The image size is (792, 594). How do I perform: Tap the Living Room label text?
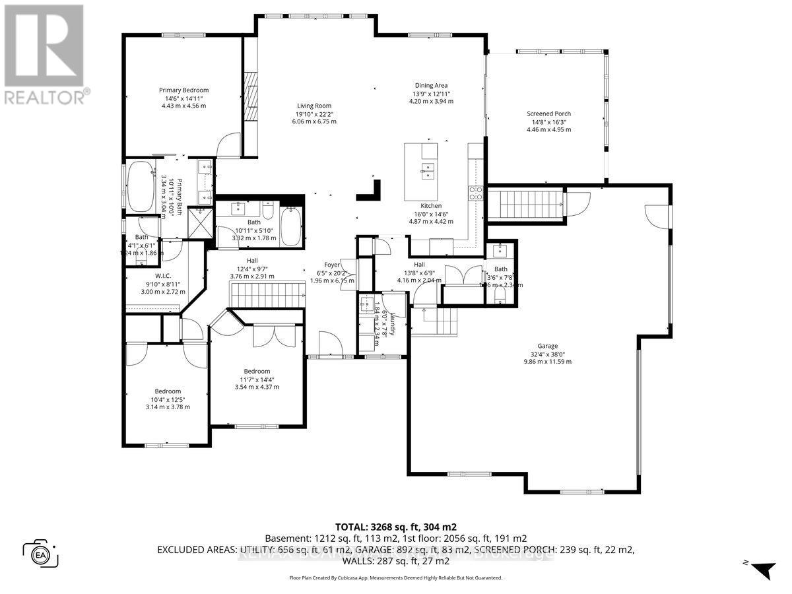coord(313,106)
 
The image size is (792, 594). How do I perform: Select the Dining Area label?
coord(431,85)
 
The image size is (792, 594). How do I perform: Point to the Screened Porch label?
coord(548,114)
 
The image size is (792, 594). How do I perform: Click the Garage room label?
coord(547,346)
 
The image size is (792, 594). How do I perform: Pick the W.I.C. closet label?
coord(164,277)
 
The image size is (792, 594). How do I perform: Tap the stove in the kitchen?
coord(475,193)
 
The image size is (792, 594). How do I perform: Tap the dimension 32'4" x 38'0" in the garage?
coord(547,354)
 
